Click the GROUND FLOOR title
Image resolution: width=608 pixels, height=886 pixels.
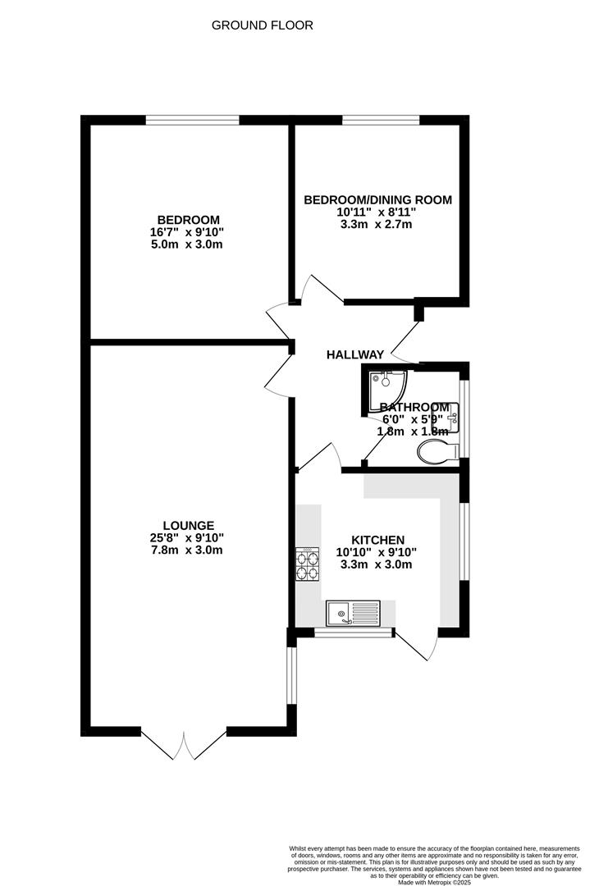pyautogui.click(x=263, y=25)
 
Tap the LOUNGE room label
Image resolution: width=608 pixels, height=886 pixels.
pyautogui.click(x=188, y=526)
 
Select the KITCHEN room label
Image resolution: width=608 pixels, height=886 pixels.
pyautogui.click(x=377, y=540)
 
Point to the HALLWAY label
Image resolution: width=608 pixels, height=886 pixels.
pyautogui.click(x=355, y=354)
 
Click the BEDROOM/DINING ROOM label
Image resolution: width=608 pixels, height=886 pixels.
pyautogui.click(x=377, y=199)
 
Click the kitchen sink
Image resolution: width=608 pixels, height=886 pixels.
pyautogui.click(x=353, y=613)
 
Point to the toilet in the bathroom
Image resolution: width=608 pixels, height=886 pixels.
pyautogui.click(x=437, y=452)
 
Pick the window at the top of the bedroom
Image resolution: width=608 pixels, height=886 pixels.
pyautogui.click(x=192, y=120)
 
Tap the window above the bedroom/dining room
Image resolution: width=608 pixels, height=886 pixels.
pyautogui.click(x=381, y=120)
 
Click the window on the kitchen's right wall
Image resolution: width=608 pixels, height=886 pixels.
pyautogui.click(x=464, y=541)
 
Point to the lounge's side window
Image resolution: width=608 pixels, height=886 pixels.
pyautogui.click(x=290, y=676)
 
